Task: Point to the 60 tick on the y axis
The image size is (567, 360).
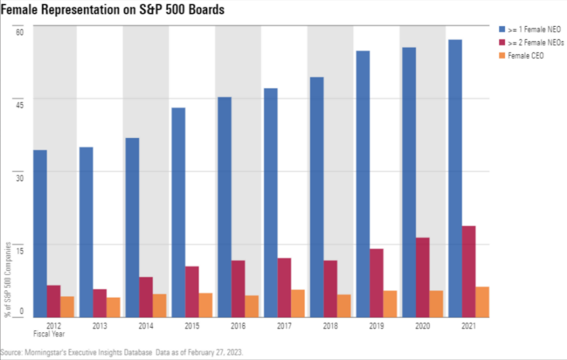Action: coord(19,33)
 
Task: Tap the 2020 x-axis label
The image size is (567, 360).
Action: coord(422,325)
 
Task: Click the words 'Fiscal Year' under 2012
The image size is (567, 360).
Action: coord(54,334)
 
